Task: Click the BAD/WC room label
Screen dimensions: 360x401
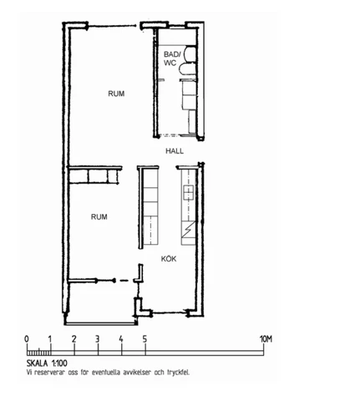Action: (171, 58)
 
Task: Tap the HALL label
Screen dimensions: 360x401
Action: (175, 151)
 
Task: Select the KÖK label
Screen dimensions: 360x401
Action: (169, 259)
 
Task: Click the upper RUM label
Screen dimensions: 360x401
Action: (116, 94)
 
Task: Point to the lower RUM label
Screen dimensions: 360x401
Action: (99, 216)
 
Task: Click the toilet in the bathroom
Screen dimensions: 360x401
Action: (187, 69)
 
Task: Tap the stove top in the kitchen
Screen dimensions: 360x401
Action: (188, 192)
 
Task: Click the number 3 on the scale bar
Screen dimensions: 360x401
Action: (97, 339)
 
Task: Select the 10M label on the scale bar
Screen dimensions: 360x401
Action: (266, 339)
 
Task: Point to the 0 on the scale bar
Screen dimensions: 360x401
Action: (27, 339)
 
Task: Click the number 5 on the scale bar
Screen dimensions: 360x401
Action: (145, 339)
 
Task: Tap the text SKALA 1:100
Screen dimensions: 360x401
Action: (47, 363)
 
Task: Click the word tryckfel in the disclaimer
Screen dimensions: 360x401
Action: (178, 373)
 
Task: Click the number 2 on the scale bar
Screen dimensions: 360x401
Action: (74, 339)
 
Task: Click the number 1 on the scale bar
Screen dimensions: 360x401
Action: (50, 339)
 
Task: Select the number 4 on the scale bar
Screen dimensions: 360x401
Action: (121, 339)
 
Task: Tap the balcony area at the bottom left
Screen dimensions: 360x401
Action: (102, 302)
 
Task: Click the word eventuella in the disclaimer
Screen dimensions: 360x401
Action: (106, 373)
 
